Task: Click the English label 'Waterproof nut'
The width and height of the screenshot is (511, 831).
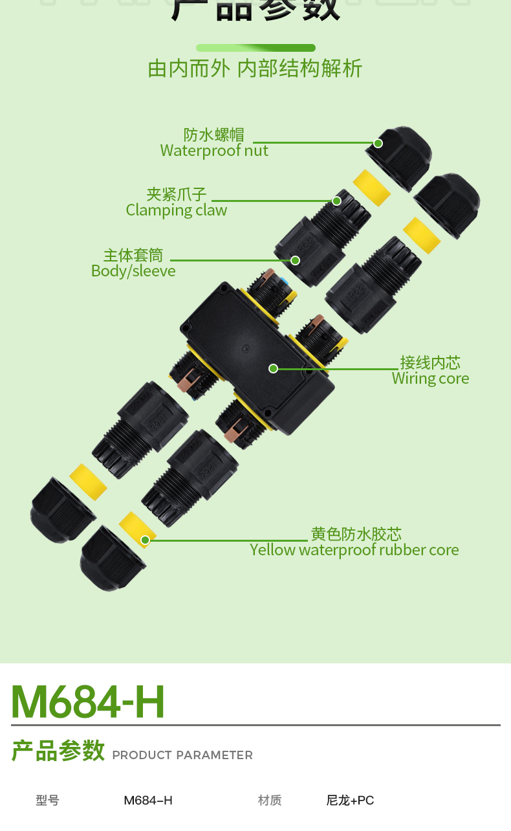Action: click(214, 151)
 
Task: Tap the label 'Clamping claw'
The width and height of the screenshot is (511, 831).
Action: click(176, 210)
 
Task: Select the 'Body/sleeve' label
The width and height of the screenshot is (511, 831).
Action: click(133, 271)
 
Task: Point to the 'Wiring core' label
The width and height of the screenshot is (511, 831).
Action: click(430, 379)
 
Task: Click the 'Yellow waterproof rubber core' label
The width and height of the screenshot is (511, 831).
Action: click(354, 550)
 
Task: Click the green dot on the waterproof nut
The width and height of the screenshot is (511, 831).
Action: click(378, 143)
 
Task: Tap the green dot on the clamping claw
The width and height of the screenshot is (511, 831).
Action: click(337, 201)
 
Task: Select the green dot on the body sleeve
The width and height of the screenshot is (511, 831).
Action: click(296, 261)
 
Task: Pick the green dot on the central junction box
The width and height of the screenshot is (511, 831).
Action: click(274, 369)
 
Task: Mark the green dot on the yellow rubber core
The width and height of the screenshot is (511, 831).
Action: click(146, 540)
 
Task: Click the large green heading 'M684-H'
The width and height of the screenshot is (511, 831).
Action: click(88, 702)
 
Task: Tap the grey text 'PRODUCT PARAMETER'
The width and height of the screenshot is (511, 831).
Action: click(182, 755)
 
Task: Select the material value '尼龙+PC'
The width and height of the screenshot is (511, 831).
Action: click(350, 801)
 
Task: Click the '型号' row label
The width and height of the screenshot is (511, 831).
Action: click(47, 801)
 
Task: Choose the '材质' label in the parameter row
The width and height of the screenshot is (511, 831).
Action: click(270, 801)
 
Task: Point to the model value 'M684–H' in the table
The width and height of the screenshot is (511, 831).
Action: click(148, 801)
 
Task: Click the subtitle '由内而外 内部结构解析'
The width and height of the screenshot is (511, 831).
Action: click(255, 69)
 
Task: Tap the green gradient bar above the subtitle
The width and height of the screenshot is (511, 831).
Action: click(255, 48)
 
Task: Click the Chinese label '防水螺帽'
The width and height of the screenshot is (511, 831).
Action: click(214, 135)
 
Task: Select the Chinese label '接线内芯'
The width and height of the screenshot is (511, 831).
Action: click(430, 362)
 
